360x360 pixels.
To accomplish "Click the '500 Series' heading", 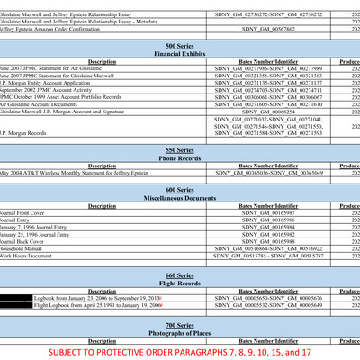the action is (179, 45).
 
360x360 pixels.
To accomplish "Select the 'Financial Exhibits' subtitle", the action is (179, 54).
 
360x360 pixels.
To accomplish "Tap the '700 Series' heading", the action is (179, 324).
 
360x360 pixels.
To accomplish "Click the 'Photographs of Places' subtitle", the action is (179, 333).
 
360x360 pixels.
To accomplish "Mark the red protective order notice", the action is (179, 351).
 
